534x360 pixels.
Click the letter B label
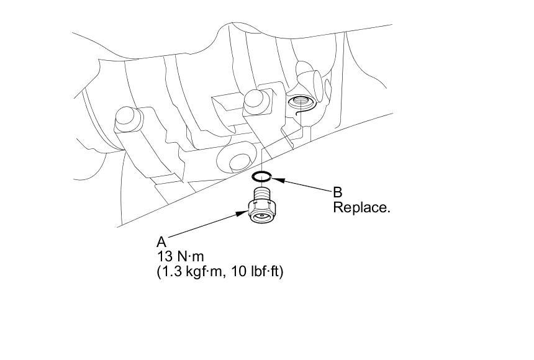point(338,193)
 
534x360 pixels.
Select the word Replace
point(361,208)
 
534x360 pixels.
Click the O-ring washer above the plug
point(263,176)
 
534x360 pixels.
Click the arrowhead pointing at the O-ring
point(276,181)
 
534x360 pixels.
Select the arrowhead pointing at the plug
point(244,214)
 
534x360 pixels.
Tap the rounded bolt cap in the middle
point(255,99)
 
